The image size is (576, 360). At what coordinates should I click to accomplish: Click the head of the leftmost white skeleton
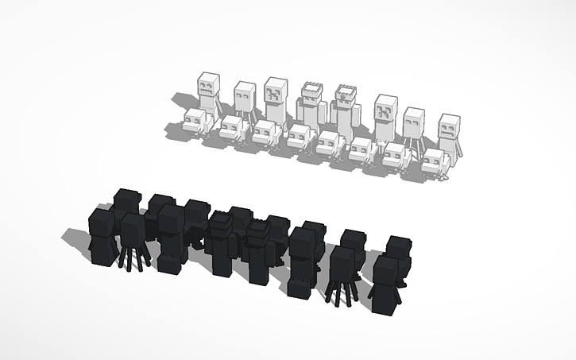pyautogui.click(x=209, y=85)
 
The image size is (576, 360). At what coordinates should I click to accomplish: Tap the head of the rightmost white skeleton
pyautogui.click(x=450, y=127)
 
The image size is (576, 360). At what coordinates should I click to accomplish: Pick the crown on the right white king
pyautogui.click(x=346, y=91)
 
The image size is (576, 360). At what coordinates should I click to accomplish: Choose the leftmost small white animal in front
pyautogui.click(x=193, y=122)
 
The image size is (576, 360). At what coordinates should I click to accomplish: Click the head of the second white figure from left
pyautogui.click(x=244, y=97)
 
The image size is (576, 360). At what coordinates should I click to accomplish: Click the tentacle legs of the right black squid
pyautogui.click(x=342, y=291)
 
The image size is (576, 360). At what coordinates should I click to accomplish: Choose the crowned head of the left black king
pyautogui.click(x=221, y=225)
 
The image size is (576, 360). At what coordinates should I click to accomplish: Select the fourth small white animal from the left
pyautogui.click(x=300, y=138)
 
